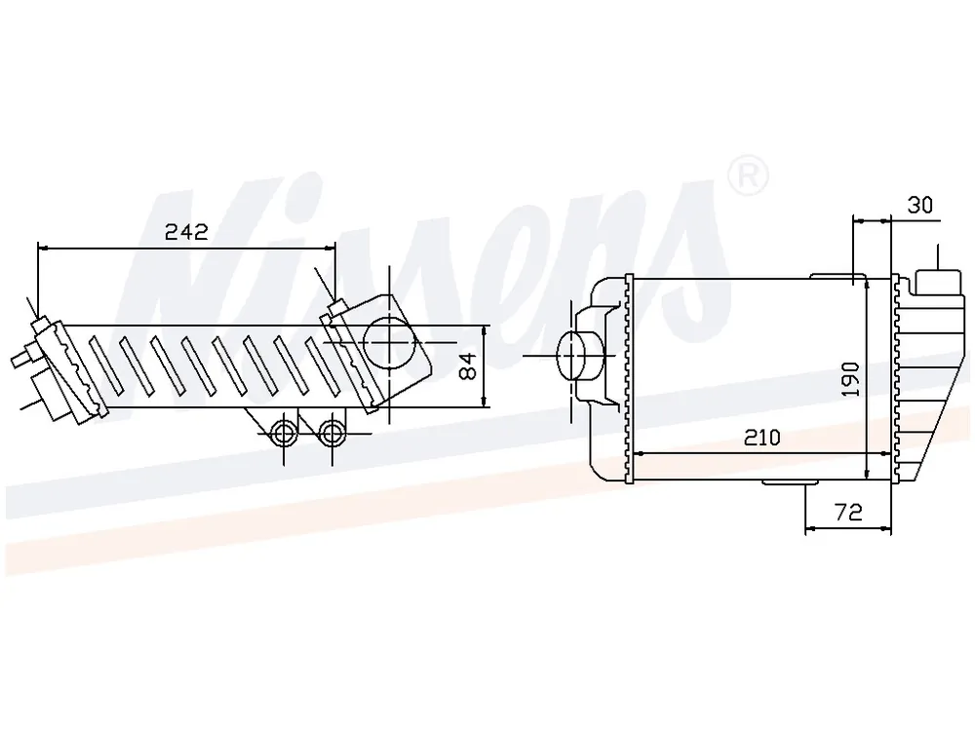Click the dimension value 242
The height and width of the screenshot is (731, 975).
click(x=186, y=232)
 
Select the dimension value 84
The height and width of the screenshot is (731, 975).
click(x=469, y=365)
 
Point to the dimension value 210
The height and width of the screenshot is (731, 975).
click(x=761, y=438)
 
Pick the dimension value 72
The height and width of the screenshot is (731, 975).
click(x=849, y=513)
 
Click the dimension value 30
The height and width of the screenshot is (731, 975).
click(x=920, y=205)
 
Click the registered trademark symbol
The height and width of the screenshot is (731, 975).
click(x=748, y=176)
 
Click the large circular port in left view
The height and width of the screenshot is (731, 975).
click(x=389, y=342)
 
